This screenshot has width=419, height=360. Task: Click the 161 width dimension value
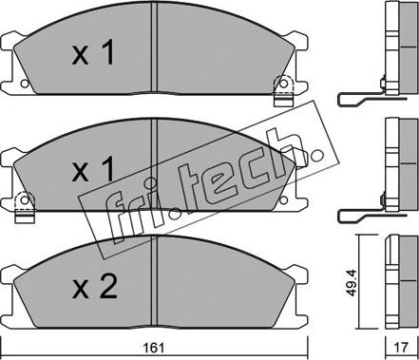[x=156, y=349]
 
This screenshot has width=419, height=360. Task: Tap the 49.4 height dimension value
[x=351, y=283]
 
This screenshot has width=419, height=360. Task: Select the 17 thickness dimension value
[x=401, y=348]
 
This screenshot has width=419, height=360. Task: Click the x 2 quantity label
[x=95, y=287]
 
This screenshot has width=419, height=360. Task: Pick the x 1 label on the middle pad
[x=92, y=169]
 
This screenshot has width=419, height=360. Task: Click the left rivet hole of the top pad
[x=25, y=84]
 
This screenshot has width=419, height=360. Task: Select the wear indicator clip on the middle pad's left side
[x=25, y=207]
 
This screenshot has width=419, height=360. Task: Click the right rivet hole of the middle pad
[x=284, y=199]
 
